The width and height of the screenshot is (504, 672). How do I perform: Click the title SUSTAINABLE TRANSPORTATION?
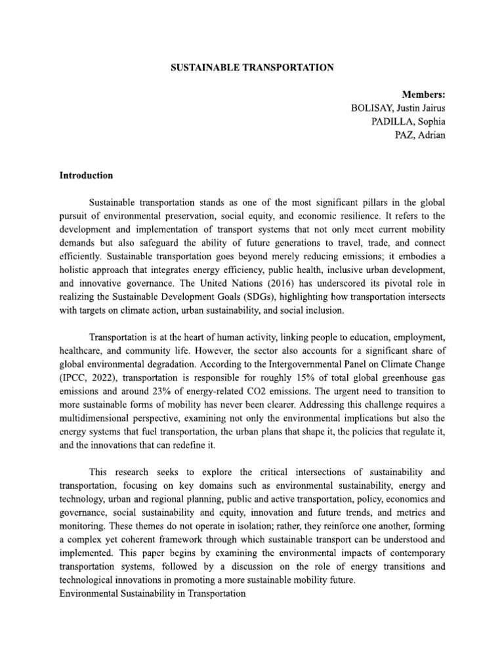pos(252,68)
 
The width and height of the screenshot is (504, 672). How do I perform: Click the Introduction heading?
pos(86,176)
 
